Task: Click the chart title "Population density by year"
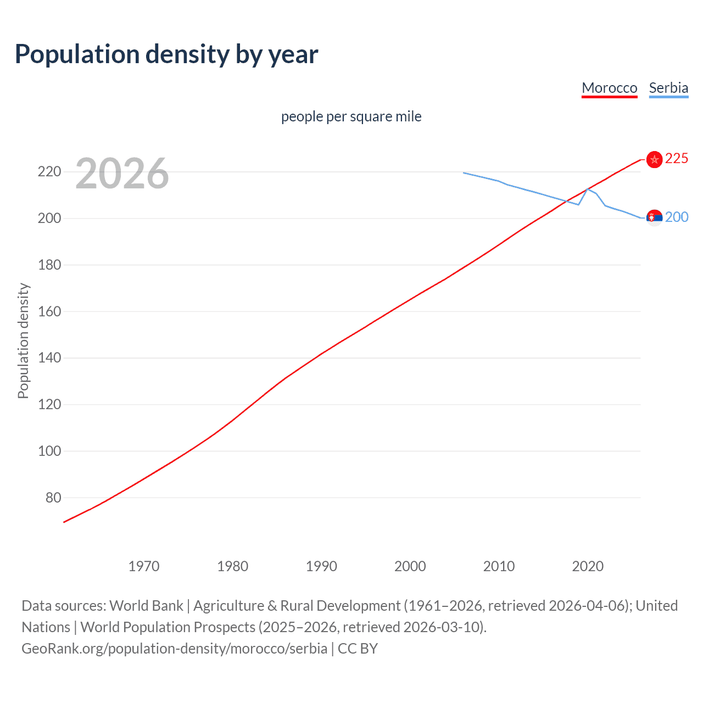(x=166, y=54)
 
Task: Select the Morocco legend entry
(x=609, y=88)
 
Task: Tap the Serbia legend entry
(x=668, y=88)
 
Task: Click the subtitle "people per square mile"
(x=351, y=116)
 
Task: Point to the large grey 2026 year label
(x=122, y=174)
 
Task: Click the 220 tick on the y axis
(x=49, y=172)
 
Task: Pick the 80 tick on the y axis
(x=53, y=498)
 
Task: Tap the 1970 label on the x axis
(x=144, y=566)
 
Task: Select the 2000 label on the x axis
(x=410, y=566)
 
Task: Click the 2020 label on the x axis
(x=588, y=566)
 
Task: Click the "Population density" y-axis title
(x=23, y=341)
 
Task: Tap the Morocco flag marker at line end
(x=654, y=159)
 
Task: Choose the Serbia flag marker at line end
(x=654, y=218)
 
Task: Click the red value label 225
(x=676, y=159)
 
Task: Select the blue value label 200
(x=676, y=217)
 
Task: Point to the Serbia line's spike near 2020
(x=588, y=189)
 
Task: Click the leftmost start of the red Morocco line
(x=64, y=522)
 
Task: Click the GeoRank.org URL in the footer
(x=174, y=649)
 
